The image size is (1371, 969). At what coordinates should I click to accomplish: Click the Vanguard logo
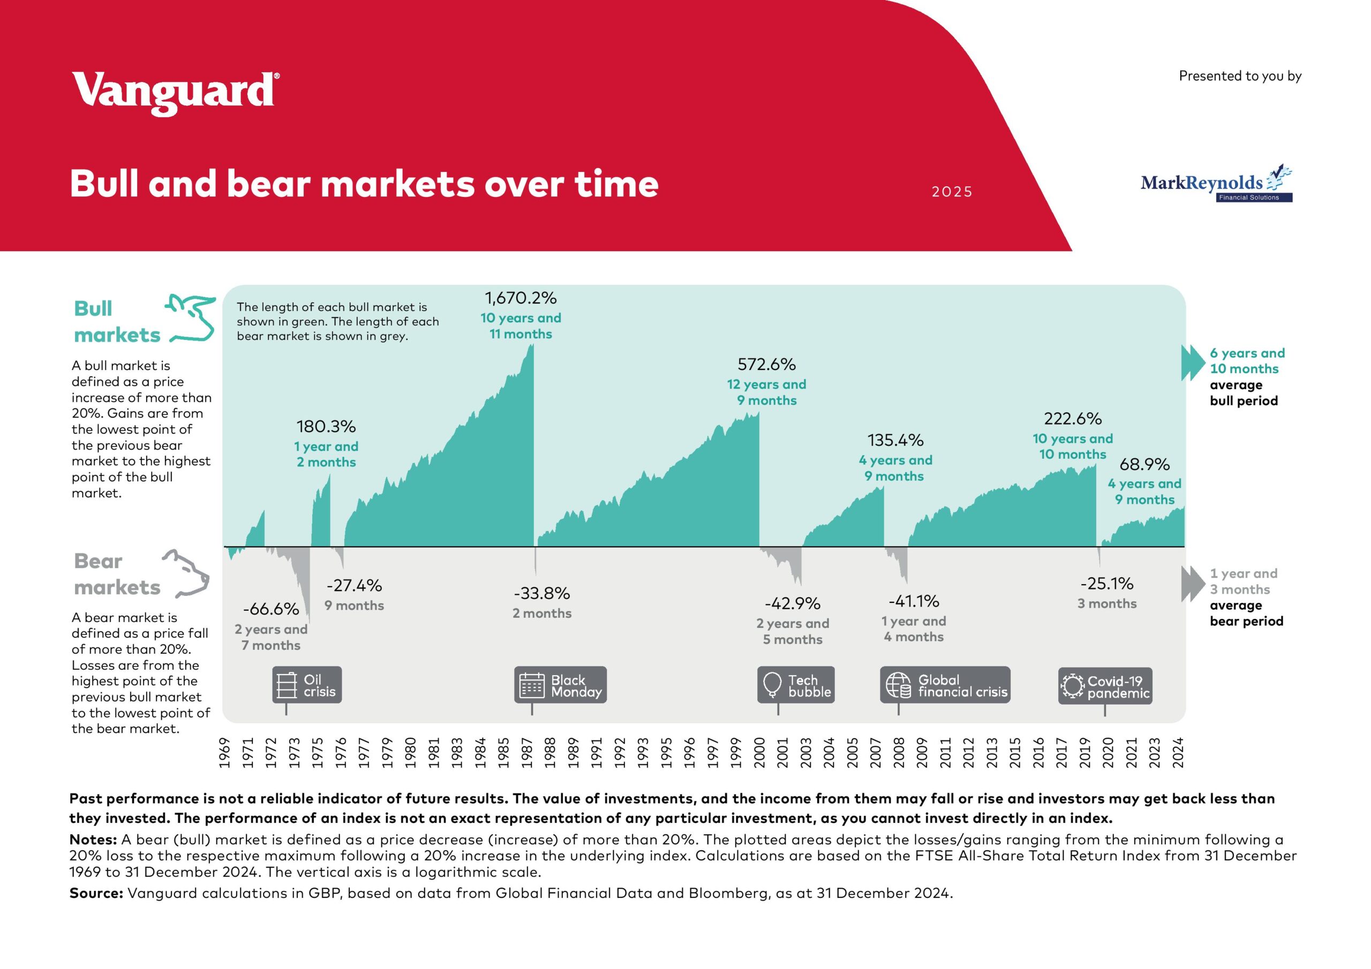point(175,93)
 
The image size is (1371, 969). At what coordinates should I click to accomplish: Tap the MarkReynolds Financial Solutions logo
point(1216,185)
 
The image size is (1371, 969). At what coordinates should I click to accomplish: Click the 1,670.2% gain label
point(520,298)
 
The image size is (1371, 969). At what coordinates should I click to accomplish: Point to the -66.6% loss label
point(270,609)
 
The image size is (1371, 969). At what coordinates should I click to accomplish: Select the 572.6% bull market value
point(766,364)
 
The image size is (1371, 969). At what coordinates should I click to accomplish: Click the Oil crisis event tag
point(307,685)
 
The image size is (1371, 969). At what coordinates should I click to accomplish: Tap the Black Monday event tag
point(560,685)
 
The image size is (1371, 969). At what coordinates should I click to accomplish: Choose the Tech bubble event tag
point(795,685)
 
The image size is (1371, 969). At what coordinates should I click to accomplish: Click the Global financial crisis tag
point(945,685)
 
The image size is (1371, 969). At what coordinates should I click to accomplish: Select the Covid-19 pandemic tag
point(1105,686)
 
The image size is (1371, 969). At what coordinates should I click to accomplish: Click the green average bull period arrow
point(1193,362)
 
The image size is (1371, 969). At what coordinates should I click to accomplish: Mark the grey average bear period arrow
point(1193,584)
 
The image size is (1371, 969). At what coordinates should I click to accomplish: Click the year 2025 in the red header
point(952,192)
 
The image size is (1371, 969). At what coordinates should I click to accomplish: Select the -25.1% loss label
point(1106,584)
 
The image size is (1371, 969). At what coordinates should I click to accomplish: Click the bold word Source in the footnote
point(95,893)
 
